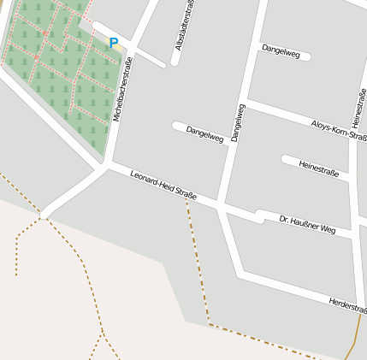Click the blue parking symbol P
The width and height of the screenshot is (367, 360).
(113, 43)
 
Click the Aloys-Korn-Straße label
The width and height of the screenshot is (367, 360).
(340, 130)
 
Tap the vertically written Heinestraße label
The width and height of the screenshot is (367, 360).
(358, 109)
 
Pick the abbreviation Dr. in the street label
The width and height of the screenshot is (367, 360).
(285, 219)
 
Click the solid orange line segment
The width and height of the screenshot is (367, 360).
(352, 342)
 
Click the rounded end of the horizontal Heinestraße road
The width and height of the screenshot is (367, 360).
(285, 159)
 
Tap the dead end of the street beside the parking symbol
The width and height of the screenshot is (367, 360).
(162, 63)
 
